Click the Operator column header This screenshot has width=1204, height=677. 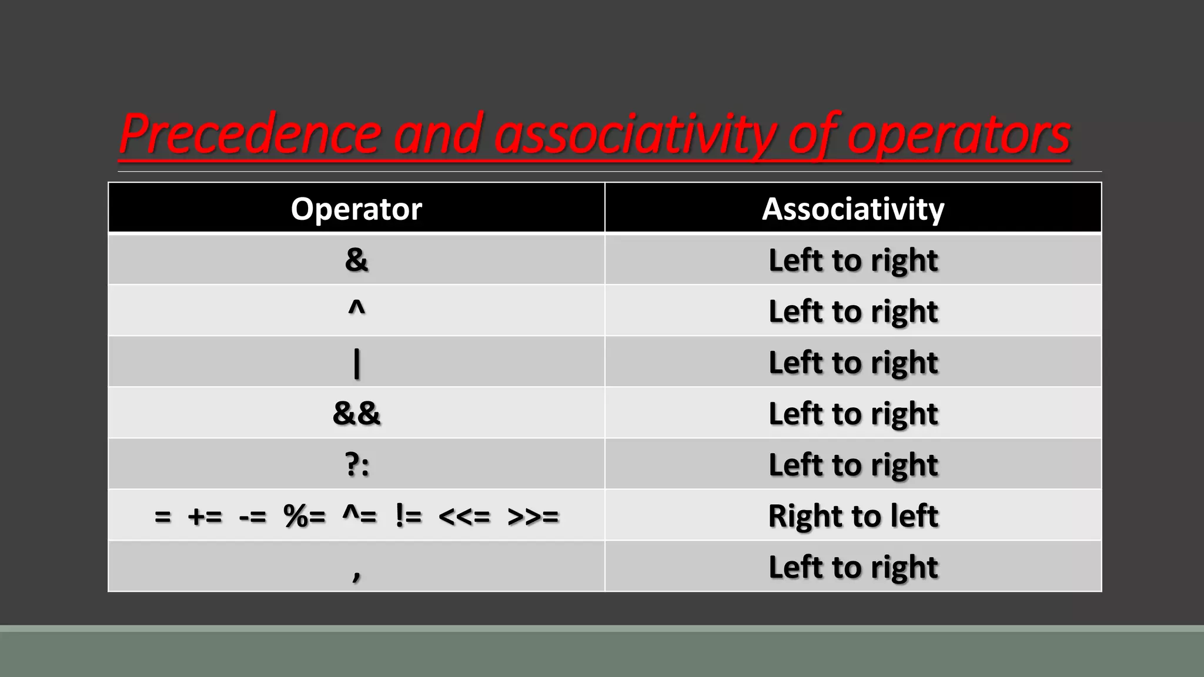(356, 209)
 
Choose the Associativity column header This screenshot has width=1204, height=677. (853, 209)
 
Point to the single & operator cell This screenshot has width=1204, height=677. (356, 260)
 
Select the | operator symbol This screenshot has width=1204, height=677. (356, 363)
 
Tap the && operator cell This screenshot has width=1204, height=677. (356, 413)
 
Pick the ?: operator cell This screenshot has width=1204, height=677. (357, 464)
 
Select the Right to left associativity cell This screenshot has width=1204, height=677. (853, 516)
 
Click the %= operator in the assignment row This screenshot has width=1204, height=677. (304, 517)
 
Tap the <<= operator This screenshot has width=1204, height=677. (464, 517)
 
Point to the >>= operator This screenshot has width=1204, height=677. (533, 517)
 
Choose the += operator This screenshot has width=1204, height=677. (205, 517)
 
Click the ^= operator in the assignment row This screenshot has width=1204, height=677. (359, 517)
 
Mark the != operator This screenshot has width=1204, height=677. (409, 517)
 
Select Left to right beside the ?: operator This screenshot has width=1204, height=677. (853, 465)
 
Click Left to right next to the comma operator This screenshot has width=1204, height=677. (853, 567)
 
